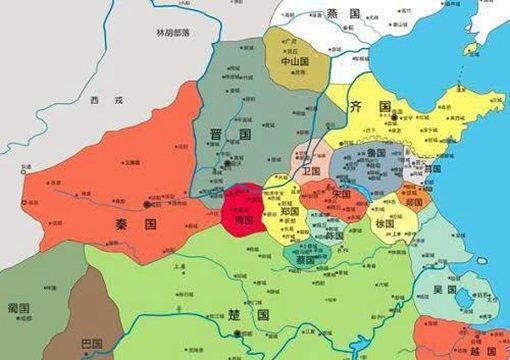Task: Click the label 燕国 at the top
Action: point(340,14)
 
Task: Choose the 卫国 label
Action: point(310,171)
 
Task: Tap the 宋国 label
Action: point(343,192)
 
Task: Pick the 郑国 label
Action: point(290,213)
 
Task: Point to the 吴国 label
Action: point(445,290)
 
